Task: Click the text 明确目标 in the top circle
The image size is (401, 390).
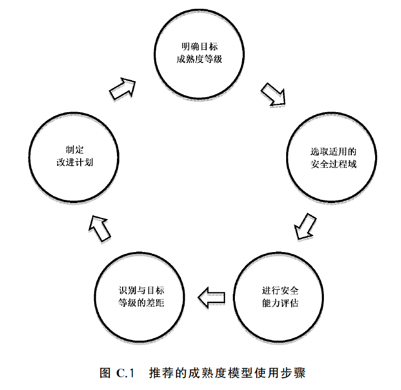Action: coord(199,47)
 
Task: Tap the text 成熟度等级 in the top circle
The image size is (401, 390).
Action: coord(199,59)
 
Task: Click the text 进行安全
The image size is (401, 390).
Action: coord(281,290)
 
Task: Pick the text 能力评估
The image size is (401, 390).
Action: coord(281,303)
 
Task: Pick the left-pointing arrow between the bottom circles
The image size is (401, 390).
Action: coord(212,297)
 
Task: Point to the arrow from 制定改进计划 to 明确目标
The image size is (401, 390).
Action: coord(123,89)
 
